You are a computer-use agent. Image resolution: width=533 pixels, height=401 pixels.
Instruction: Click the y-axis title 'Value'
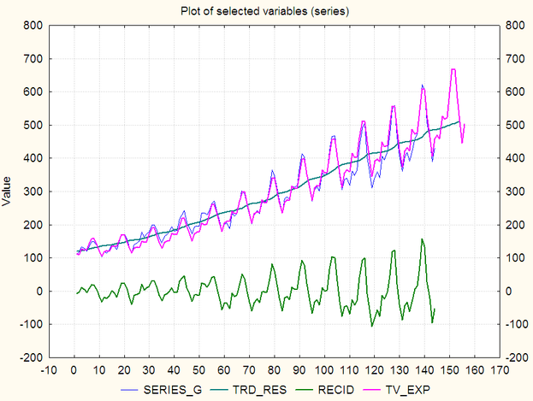8,192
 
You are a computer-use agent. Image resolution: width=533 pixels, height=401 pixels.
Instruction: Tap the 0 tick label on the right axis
509,292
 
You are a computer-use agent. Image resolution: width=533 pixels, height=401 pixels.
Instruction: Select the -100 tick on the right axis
516,324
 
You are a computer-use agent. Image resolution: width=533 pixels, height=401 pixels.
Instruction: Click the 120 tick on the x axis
373,370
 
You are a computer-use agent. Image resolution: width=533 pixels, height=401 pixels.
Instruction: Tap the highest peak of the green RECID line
422,239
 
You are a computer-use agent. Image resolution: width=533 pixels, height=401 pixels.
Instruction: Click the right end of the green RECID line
435,309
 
